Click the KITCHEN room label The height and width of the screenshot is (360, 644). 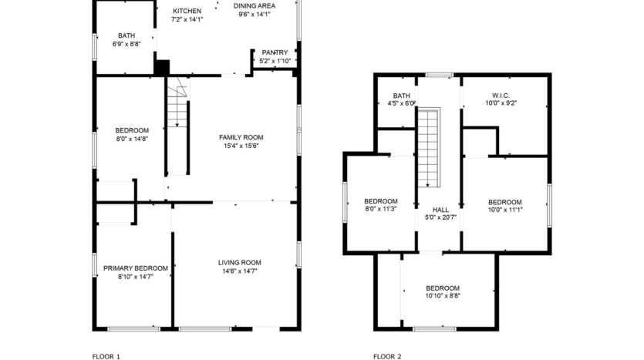point(187,11)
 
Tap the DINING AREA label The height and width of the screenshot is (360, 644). point(255,5)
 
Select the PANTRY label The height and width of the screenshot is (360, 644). point(275,52)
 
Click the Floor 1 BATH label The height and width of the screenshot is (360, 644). point(126,35)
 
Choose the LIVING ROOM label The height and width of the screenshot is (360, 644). point(239,262)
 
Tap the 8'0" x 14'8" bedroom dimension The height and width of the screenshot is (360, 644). point(132,140)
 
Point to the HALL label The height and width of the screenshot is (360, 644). point(440,210)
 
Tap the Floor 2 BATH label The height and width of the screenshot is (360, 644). point(402,96)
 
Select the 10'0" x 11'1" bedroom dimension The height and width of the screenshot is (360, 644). point(505,210)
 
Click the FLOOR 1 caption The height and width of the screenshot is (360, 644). point(106,356)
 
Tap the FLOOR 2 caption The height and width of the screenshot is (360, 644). point(387,356)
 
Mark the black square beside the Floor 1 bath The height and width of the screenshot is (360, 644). point(162,67)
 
